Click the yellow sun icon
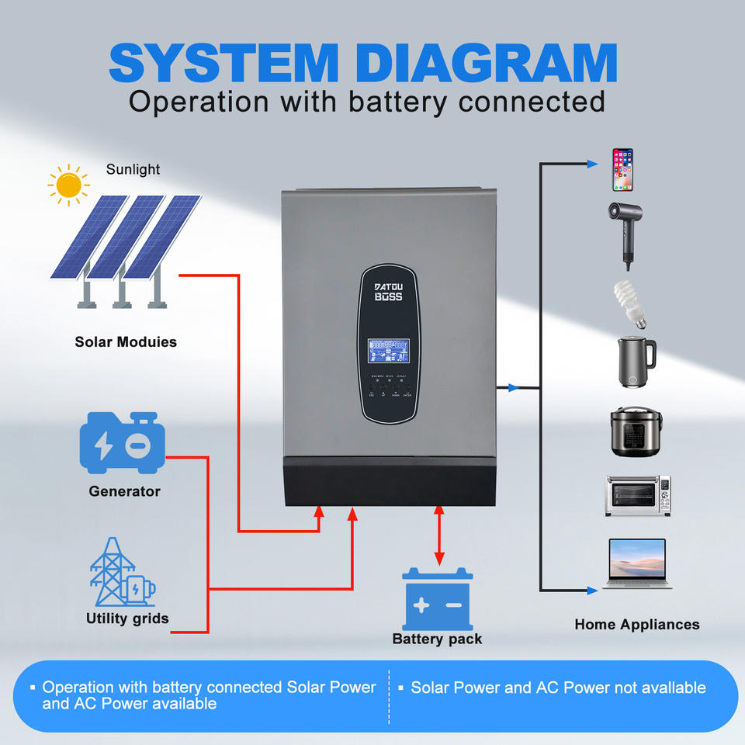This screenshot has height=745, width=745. click(68, 185)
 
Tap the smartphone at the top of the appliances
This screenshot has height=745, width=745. click(622, 169)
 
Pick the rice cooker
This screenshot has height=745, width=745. click(636, 432)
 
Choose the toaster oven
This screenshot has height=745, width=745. click(637, 496)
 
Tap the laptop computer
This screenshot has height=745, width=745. click(636, 563)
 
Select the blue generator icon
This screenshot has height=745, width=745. click(123, 443)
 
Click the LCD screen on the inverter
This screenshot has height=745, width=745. click(389, 350)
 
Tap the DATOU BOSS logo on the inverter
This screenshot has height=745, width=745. click(389, 292)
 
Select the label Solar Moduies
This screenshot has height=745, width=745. click(126, 341)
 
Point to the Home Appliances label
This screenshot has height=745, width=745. click(636, 624)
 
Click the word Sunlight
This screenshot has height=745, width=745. click(133, 169)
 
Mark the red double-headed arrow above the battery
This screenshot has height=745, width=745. click(439, 535)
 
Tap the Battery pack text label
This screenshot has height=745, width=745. click(437, 639)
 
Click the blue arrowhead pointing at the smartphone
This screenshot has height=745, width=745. click(593, 165)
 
